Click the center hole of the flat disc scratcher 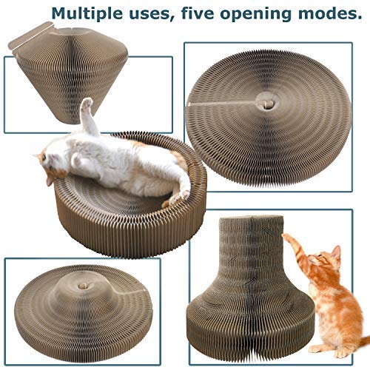(263, 99)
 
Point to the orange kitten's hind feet (326, 348)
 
